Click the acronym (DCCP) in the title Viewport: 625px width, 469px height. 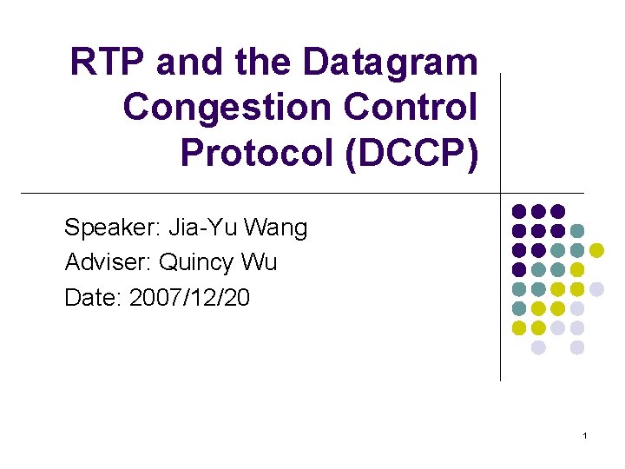pyautogui.click(x=414, y=153)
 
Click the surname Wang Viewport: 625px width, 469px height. pyautogui.click(x=276, y=228)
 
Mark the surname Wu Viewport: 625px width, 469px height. pyautogui.click(x=260, y=263)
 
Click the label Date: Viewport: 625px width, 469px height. pyautogui.click(x=93, y=298)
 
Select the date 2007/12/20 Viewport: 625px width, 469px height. pyautogui.click(x=189, y=298)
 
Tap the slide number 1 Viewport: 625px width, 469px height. pyautogui.click(x=586, y=434)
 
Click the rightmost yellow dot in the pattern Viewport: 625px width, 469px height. pyautogui.click(x=596, y=250)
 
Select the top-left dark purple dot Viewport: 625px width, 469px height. pyautogui.click(x=519, y=211)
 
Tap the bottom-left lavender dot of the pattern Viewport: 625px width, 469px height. pyautogui.click(x=538, y=347)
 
